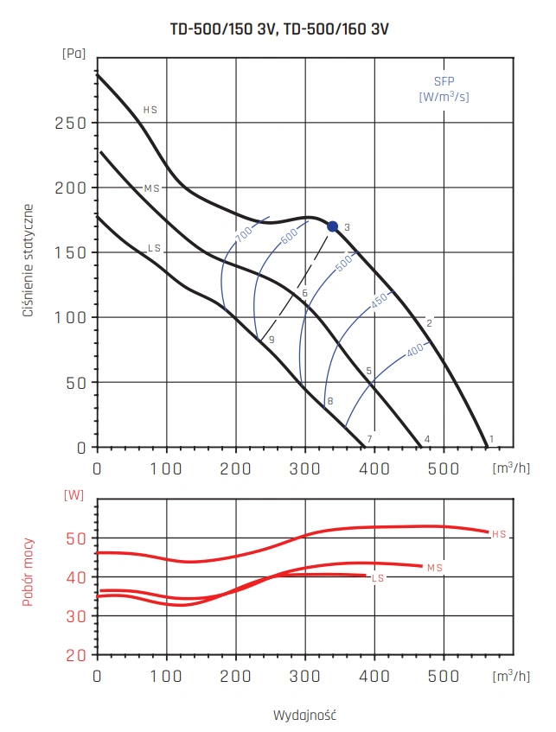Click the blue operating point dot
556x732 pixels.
click(333, 226)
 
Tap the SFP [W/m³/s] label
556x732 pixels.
click(444, 89)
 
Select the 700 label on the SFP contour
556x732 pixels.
click(243, 233)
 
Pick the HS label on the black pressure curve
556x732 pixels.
click(150, 111)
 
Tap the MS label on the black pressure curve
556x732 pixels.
click(152, 188)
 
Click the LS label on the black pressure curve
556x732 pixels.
click(155, 249)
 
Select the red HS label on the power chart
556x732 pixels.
click(499, 534)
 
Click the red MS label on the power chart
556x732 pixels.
click(435, 567)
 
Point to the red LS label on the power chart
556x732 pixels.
click(377, 577)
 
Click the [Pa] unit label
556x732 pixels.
click(73, 54)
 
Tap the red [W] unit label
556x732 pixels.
click(73, 495)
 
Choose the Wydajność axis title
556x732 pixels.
click(304, 716)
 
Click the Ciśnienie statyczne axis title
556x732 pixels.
click(29, 260)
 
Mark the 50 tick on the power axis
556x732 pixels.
click(76, 538)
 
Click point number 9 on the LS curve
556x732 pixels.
click(271, 341)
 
